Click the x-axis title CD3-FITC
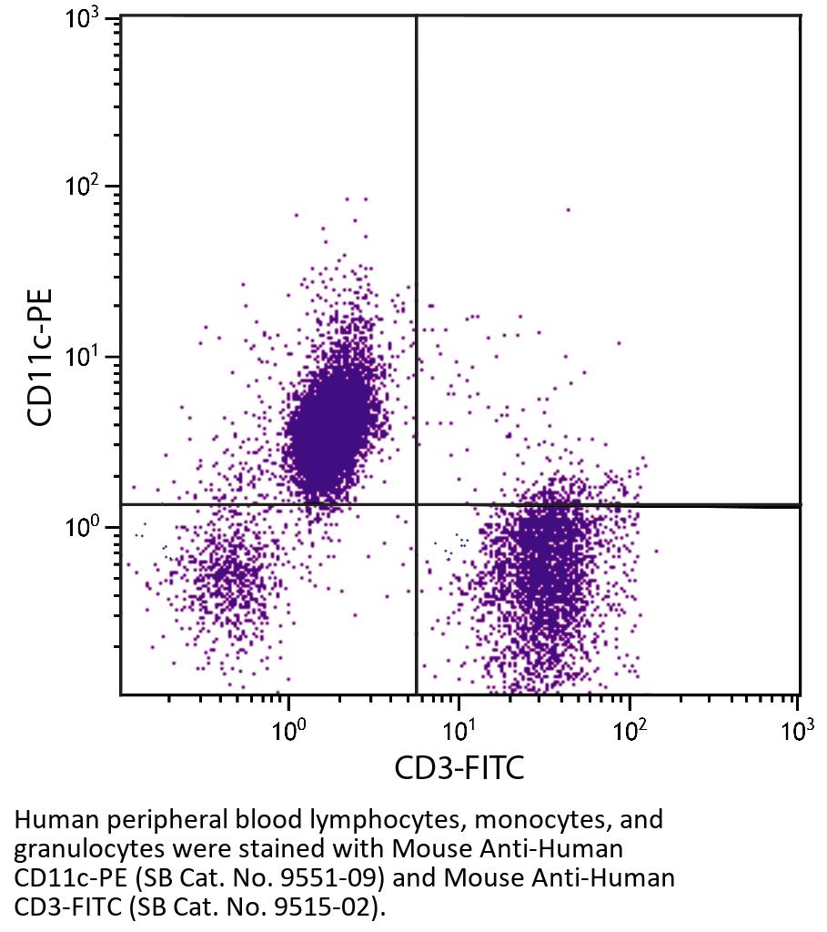[459, 769]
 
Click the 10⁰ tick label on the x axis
[288, 729]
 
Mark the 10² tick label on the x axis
[629, 729]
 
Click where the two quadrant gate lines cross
[417, 504]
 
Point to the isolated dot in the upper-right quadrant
[568, 209]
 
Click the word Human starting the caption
[45, 820]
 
